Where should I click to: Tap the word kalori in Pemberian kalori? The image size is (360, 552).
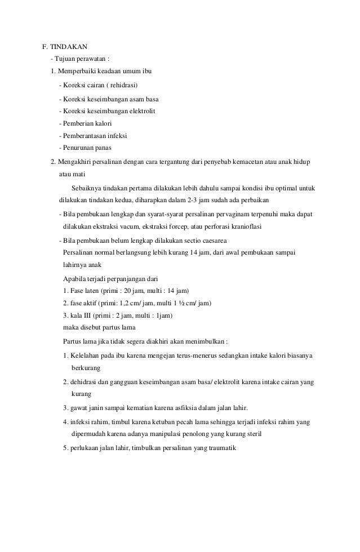pos(103,123)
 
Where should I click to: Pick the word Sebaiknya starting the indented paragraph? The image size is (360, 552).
pos(86,188)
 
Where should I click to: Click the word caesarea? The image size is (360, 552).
pos(210,241)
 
